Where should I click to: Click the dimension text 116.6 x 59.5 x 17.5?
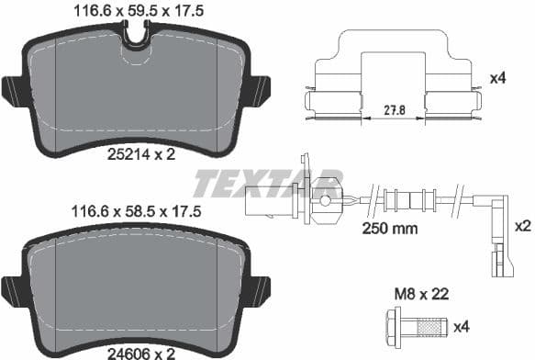pos(135,11)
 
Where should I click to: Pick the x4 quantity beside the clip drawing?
pos(498,79)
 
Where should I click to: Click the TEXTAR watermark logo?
pos(267,181)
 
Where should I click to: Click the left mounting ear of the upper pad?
pos(15,91)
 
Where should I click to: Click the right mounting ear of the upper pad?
pos(260,91)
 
